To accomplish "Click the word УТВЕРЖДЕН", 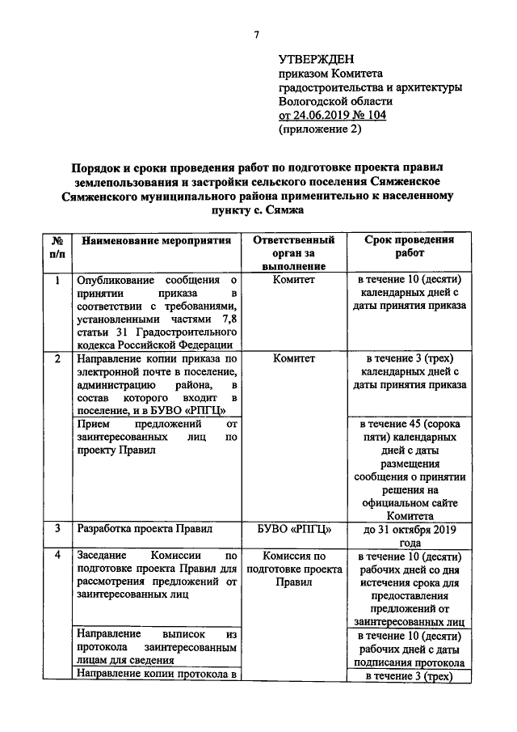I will [x=317, y=59].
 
